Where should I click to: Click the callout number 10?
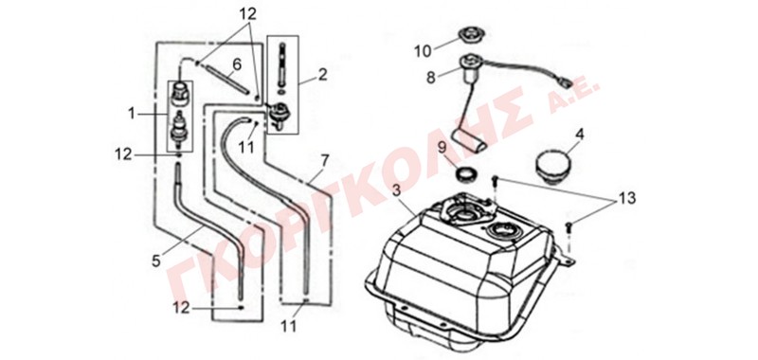[423, 51]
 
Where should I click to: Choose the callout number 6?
[236, 63]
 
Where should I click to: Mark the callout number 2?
[323, 75]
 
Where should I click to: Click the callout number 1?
[132, 113]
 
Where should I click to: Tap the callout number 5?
[155, 261]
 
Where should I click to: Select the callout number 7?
[325, 159]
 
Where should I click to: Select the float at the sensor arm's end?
[469, 141]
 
